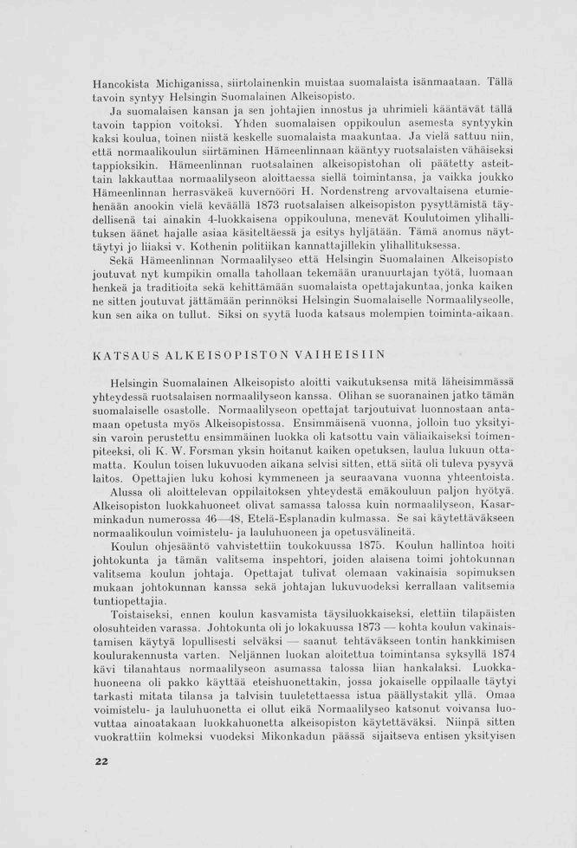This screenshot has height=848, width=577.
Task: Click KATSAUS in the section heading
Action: [x=123, y=355]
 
